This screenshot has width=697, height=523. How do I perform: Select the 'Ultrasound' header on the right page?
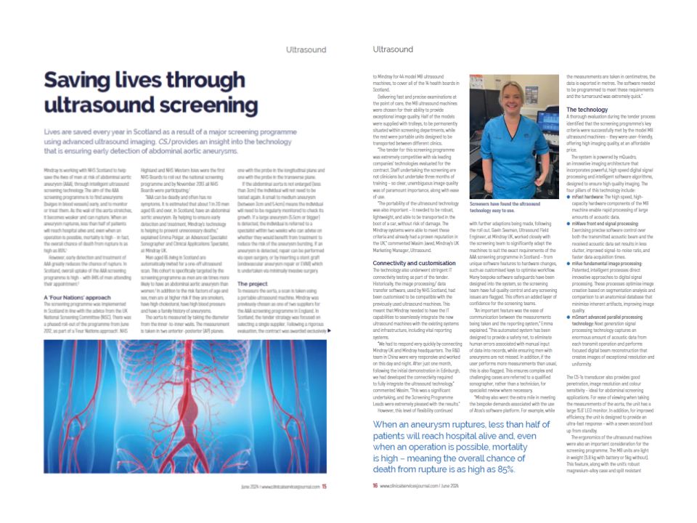tap(393, 49)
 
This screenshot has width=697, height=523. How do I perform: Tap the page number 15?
tap(325, 486)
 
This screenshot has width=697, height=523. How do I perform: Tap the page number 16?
tap(374, 486)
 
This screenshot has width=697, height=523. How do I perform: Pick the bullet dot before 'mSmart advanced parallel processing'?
tap(568, 317)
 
